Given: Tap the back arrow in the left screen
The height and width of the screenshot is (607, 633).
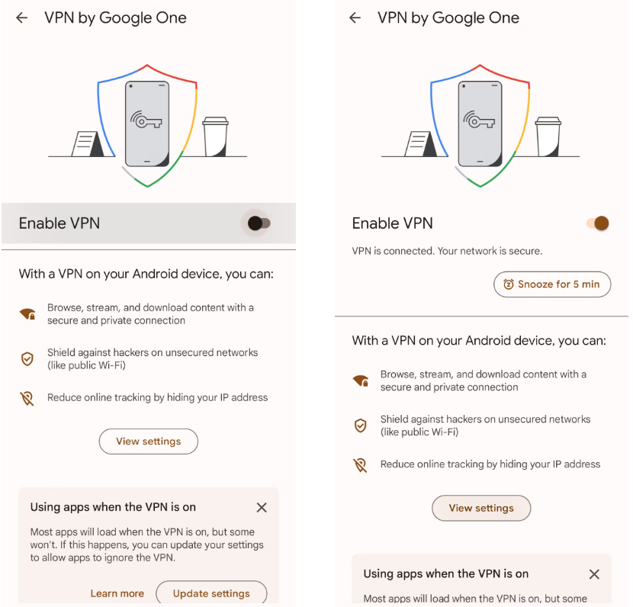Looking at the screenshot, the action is (22, 18).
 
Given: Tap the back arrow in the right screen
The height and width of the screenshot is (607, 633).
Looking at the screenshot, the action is (355, 18).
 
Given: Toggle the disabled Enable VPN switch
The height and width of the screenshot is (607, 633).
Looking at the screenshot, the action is (259, 223).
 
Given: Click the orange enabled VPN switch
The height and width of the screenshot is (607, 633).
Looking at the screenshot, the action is (598, 223).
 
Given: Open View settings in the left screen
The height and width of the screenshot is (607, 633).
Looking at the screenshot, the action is (149, 441).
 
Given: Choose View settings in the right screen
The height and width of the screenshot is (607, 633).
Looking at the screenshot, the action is (481, 508).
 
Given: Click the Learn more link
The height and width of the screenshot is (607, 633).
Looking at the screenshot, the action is (117, 593).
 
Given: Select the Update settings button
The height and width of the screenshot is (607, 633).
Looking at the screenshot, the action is (211, 593).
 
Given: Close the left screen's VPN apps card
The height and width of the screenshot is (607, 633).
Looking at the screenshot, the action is (262, 507).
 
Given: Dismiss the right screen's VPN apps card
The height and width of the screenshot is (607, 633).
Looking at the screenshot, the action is (594, 574).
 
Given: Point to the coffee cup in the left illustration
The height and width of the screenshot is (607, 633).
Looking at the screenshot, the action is (216, 136).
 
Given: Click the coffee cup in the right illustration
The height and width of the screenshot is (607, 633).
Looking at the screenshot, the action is (548, 136).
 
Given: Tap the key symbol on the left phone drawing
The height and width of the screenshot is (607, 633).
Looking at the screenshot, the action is (146, 120).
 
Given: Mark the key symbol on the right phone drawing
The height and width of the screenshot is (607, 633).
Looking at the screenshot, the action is (479, 120).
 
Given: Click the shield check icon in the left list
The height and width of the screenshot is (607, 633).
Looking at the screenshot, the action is (27, 358).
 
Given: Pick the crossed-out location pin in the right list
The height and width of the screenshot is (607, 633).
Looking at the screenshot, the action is (360, 465).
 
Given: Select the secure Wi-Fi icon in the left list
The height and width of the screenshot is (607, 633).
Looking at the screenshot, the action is (27, 313).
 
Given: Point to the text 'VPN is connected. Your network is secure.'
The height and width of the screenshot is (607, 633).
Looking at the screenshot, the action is (447, 251).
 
